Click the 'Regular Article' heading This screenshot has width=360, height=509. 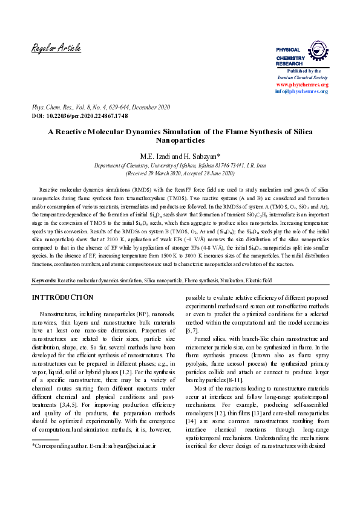click(56, 48)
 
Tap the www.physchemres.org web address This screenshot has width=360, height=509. click(302, 85)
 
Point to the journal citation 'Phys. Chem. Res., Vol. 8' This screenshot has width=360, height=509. click(67, 107)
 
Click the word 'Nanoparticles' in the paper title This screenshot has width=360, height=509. click(180, 139)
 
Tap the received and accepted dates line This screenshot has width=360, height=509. click(180, 173)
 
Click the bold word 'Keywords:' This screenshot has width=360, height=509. click(44, 280)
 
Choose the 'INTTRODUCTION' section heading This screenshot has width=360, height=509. click(62, 298)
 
